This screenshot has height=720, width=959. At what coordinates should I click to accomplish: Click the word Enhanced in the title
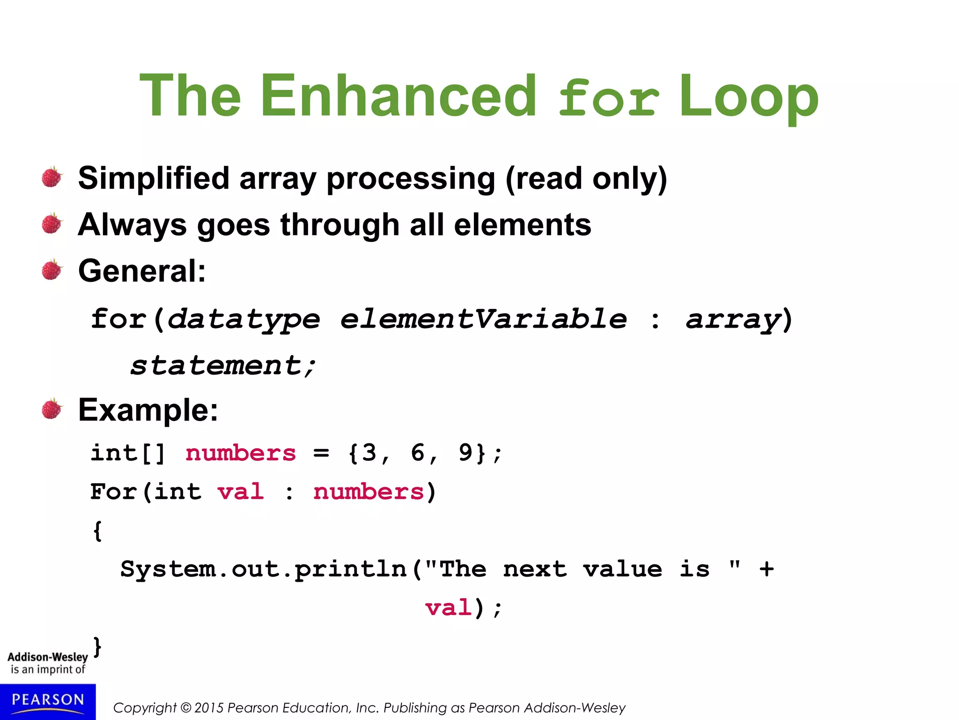pyautogui.click(x=398, y=96)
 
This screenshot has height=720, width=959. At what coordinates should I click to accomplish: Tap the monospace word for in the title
pyautogui.click(x=609, y=98)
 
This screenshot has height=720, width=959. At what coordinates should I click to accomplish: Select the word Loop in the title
pyautogui.click(x=748, y=96)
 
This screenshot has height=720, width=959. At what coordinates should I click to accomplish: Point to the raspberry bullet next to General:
pyautogui.click(x=52, y=270)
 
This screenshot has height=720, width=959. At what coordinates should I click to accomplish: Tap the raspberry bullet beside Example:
pyautogui.click(x=52, y=409)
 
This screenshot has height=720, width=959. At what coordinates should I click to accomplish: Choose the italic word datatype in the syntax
pyautogui.click(x=243, y=320)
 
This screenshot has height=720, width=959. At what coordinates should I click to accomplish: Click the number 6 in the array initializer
pyautogui.click(x=418, y=453)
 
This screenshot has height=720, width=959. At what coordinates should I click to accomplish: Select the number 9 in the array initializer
pyautogui.click(x=465, y=453)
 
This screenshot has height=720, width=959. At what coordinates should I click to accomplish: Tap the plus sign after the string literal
pyautogui.click(x=767, y=569)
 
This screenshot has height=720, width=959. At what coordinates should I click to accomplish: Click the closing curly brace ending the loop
pyautogui.click(x=97, y=647)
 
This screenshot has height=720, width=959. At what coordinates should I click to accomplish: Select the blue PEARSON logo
pyautogui.click(x=48, y=701)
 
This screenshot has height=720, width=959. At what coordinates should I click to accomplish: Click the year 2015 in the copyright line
pyautogui.click(x=209, y=708)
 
